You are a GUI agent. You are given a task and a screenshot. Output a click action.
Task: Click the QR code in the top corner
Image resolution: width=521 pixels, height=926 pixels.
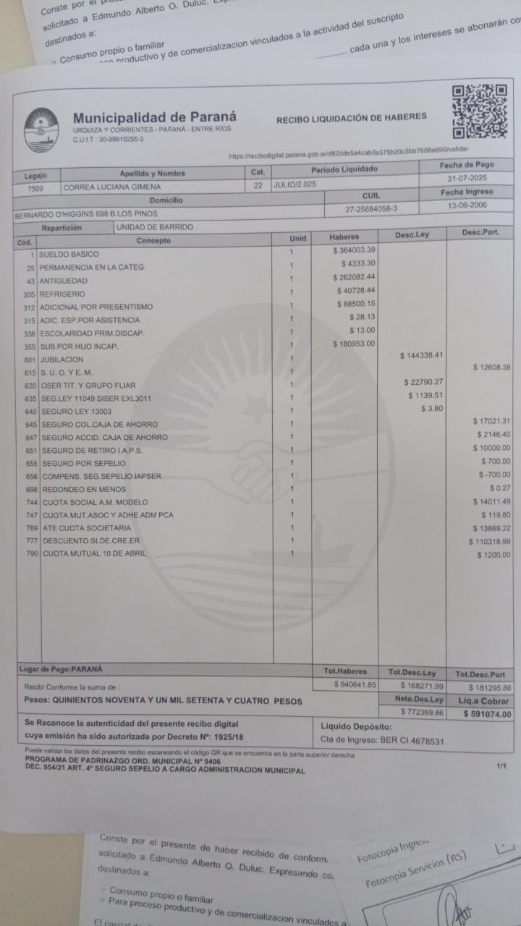click(x=479, y=111)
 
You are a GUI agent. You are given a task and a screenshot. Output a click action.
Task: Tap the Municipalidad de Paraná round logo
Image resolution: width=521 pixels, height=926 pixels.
click(x=41, y=130)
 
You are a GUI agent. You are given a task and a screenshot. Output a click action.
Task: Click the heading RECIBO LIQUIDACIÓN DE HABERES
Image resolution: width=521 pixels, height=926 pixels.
click(x=351, y=117)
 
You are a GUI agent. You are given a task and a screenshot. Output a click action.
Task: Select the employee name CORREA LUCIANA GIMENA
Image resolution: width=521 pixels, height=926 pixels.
click(x=113, y=187)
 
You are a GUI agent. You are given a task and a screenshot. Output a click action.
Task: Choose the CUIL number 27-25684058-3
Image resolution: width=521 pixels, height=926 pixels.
click(x=371, y=209)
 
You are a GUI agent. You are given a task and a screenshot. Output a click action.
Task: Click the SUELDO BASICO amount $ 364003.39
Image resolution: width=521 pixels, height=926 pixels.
click(x=354, y=250)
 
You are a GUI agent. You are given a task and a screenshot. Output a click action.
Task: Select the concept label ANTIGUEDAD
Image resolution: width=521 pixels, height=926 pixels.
click(x=64, y=281)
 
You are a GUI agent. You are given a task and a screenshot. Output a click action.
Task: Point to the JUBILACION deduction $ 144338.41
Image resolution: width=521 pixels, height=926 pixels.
click(x=421, y=355)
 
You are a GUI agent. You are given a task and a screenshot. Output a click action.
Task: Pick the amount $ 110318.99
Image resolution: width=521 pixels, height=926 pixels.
click(x=490, y=541)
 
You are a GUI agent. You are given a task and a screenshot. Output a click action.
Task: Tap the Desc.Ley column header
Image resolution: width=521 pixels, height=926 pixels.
click(x=412, y=235)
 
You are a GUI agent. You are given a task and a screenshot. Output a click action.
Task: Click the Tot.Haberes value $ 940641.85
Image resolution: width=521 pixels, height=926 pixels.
click(x=355, y=684)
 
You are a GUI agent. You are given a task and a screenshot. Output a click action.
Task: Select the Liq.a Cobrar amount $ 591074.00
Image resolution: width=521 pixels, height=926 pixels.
click(x=487, y=714)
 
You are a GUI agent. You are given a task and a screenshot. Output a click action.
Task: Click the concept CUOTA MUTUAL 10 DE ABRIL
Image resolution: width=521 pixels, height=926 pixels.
click(x=94, y=554)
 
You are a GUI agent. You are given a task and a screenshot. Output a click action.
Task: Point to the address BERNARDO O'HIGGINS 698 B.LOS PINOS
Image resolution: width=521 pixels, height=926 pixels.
click(x=86, y=214)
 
